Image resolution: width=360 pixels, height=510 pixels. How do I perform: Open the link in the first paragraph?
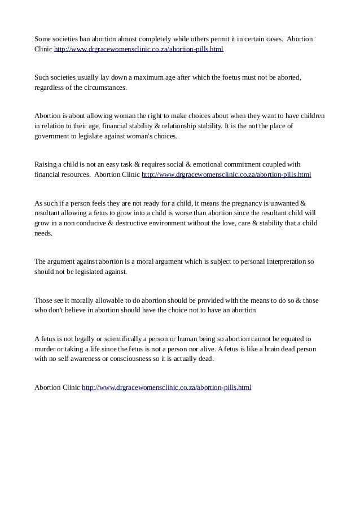[x=138, y=50]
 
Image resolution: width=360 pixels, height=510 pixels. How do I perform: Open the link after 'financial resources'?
[x=226, y=175]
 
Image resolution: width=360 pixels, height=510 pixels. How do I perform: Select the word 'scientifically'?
[x=113, y=339]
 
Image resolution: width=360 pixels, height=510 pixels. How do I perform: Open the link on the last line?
[x=166, y=387]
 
